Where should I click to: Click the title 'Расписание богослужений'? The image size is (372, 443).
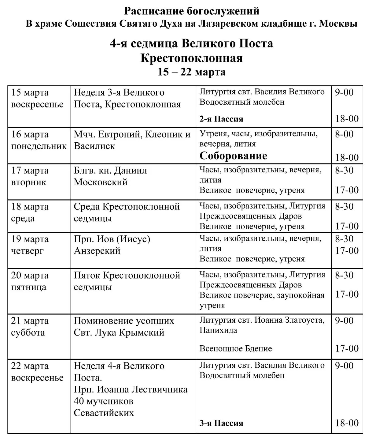[x=192, y=11]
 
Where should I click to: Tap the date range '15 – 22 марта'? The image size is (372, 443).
[x=192, y=72]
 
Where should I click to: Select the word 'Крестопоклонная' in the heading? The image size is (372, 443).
[x=192, y=58]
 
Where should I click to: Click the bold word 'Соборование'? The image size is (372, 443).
[x=233, y=156]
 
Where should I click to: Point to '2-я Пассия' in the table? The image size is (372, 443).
[x=221, y=119]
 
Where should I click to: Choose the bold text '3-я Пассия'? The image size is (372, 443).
[x=221, y=423]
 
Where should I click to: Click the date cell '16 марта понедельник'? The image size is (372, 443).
[x=39, y=140]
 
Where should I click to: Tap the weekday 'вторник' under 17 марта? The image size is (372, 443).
[x=29, y=182]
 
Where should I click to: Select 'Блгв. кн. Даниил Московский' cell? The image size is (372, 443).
[x=110, y=176]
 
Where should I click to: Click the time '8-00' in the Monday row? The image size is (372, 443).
[x=344, y=134]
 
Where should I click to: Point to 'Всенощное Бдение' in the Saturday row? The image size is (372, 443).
[x=236, y=348]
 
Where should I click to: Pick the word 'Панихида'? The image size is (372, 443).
[x=218, y=330]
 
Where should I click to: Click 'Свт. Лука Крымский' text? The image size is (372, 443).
[x=119, y=332]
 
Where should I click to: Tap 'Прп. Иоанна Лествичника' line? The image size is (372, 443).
[x=131, y=389]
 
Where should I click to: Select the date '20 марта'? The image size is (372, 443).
[x=30, y=276]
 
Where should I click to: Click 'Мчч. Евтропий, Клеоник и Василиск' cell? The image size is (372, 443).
[x=132, y=140]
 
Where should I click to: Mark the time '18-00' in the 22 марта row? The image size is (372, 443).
[x=347, y=423]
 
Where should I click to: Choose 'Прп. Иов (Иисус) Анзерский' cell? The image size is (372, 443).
[x=112, y=245]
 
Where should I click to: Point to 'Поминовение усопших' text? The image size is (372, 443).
[x=124, y=321]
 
